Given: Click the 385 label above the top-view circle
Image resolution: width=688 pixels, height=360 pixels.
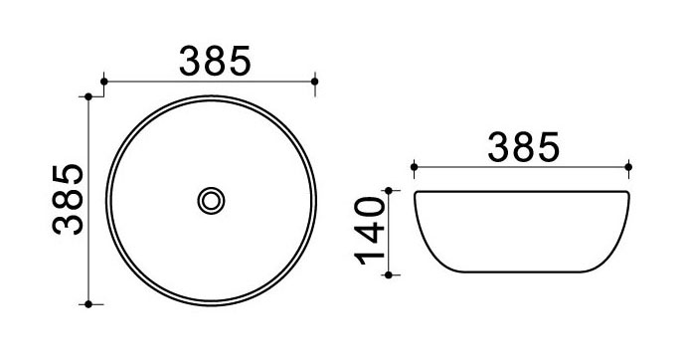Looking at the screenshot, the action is [215, 61].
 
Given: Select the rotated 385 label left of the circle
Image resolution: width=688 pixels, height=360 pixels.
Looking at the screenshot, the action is [68, 199].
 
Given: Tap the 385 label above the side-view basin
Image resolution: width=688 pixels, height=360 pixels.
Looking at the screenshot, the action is [524, 146].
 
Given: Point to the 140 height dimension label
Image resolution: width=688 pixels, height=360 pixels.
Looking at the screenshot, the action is [370, 231].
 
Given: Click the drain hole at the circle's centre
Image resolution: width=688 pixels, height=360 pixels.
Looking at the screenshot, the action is [211, 201].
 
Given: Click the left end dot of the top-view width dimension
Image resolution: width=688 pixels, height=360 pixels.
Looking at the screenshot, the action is [104, 82].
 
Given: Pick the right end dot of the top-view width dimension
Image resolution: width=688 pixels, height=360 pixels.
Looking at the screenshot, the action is [314, 82].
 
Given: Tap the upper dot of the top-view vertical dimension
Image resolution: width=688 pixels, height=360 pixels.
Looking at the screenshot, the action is [88, 96].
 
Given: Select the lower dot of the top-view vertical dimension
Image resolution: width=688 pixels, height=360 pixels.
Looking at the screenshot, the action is [88, 303].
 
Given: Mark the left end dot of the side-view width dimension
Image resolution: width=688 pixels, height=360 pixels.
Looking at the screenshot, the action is [414, 167].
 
